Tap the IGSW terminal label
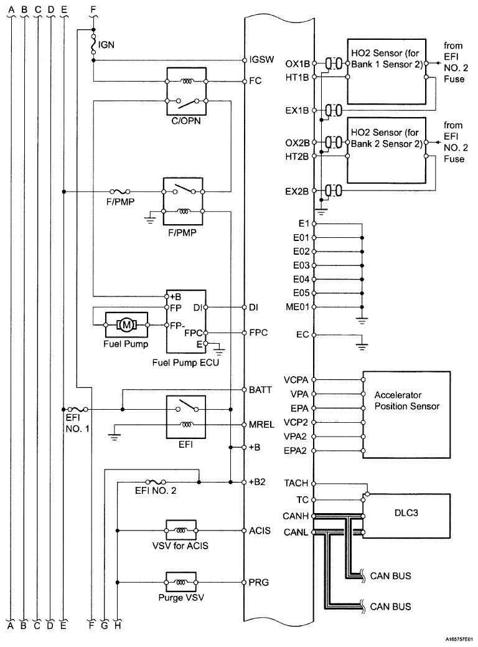tap(261, 59)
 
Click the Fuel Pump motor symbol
tap(126, 324)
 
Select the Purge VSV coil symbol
tap(180, 582)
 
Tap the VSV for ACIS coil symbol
tap(180, 530)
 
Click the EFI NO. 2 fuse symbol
tap(156, 481)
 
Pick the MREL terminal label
tap(261, 425)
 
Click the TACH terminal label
tap(296, 483)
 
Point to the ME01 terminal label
tap(297, 307)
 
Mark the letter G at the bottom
tap(105, 626)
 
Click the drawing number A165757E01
tap(459, 638)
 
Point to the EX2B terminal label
tap(297, 191)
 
